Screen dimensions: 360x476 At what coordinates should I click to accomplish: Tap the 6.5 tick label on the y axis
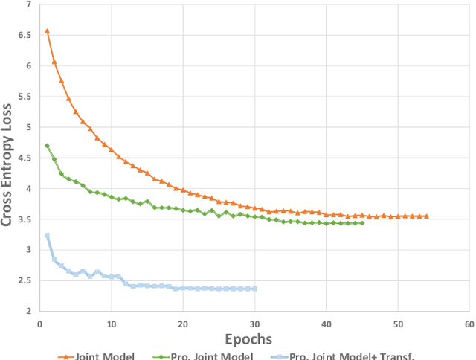click(x=25, y=35)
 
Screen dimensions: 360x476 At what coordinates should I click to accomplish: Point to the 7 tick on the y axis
click(x=28, y=4)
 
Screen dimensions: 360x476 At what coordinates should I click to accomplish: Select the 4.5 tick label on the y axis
click(x=25, y=158)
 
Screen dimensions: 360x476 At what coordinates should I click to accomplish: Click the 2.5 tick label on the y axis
click(x=25, y=280)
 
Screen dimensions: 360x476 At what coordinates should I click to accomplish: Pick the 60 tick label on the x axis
click(x=469, y=324)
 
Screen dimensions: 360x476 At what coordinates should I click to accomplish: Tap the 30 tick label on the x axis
click(x=254, y=324)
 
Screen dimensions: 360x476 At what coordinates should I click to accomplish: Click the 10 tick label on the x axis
click(x=111, y=324)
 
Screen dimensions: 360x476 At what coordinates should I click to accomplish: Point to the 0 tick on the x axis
click(x=39, y=324)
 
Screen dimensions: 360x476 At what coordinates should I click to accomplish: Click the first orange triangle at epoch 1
click(x=47, y=31)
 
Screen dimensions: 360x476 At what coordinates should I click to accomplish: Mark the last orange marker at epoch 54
click(x=426, y=216)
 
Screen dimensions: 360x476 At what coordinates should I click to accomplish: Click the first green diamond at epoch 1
click(x=47, y=146)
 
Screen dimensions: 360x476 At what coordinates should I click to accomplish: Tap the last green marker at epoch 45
click(x=361, y=222)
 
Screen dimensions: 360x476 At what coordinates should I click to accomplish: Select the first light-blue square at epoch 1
click(x=47, y=236)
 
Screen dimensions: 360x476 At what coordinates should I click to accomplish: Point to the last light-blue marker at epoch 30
click(x=254, y=289)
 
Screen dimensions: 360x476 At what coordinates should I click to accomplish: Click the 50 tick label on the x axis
click(x=397, y=324)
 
